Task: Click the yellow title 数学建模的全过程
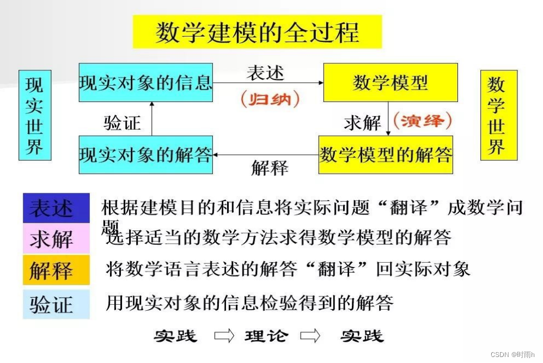(x=257, y=32)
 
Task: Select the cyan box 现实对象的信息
(x=145, y=82)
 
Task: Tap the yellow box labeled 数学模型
(x=390, y=82)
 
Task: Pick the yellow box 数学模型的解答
(x=386, y=155)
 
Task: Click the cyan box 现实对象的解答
(x=145, y=155)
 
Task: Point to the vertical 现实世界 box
(x=35, y=115)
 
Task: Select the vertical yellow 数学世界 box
(x=498, y=115)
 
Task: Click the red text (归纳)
(x=270, y=99)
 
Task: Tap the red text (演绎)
(x=423, y=120)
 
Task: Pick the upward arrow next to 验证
(x=152, y=118)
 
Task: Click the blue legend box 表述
(x=56, y=208)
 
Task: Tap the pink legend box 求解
(x=56, y=239)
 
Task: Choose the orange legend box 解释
(x=56, y=270)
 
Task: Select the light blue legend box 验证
(x=56, y=304)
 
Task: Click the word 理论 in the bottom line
(x=266, y=336)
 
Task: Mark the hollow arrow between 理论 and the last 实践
(x=311, y=336)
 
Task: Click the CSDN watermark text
(x=513, y=354)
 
